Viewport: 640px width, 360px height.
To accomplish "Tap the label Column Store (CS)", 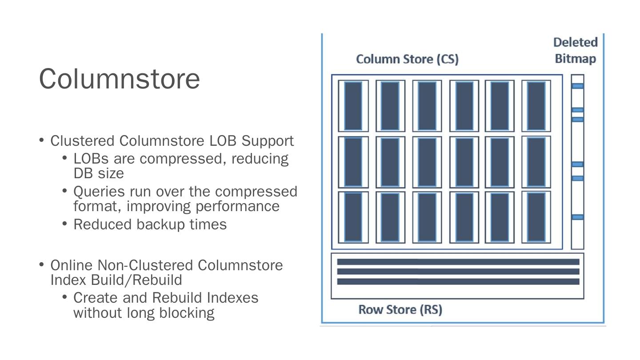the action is (407, 59).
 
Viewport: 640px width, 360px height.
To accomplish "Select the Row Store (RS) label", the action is (400, 309).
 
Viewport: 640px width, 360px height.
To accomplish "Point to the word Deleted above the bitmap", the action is (576, 42).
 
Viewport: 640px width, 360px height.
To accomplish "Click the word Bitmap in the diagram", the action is (576, 59).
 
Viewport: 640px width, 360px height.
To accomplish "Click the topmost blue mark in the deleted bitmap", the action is (577, 86).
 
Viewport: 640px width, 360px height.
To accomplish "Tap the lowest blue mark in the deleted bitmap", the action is (577, 217).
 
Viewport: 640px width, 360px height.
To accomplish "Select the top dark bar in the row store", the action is (458, 262).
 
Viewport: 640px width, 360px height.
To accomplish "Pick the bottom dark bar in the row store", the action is (458, 282).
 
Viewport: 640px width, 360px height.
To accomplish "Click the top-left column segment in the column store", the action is (353, 106).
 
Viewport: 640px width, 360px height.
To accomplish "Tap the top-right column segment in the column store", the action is (536, 106).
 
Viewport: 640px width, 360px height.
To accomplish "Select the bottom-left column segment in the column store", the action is (353, 217).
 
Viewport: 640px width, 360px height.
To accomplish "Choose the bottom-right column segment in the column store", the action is (536, 217).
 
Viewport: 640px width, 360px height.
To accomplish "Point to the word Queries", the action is (99, 192).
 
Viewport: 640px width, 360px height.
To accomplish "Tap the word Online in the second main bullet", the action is (72, 265).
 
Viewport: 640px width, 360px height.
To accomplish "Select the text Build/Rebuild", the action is (136, 280).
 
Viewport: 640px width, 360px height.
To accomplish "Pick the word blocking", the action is (187, 313).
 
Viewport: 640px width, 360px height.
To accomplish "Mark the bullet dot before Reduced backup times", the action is (64, 224).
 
